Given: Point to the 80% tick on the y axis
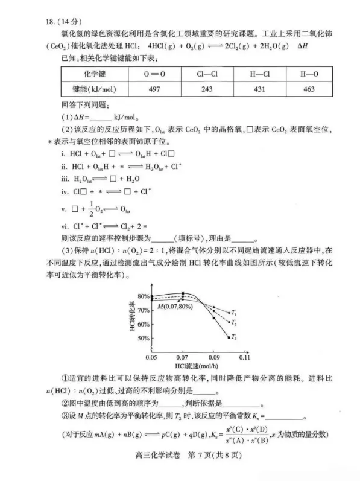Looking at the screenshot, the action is click(142, 296).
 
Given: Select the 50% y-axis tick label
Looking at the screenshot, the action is click(142, 338).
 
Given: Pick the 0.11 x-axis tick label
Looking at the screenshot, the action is click(245, 358).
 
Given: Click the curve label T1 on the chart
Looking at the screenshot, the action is click(233, 313).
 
